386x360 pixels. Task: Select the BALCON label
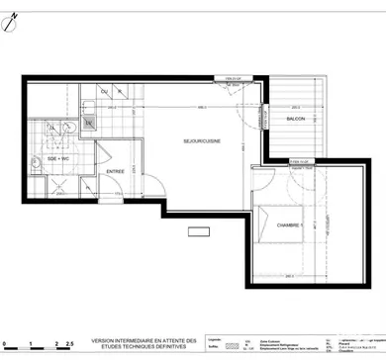[x=296, y=118]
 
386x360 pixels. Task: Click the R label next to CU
[x=120, y=94]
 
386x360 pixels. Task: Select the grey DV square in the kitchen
[x=89, y=125]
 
